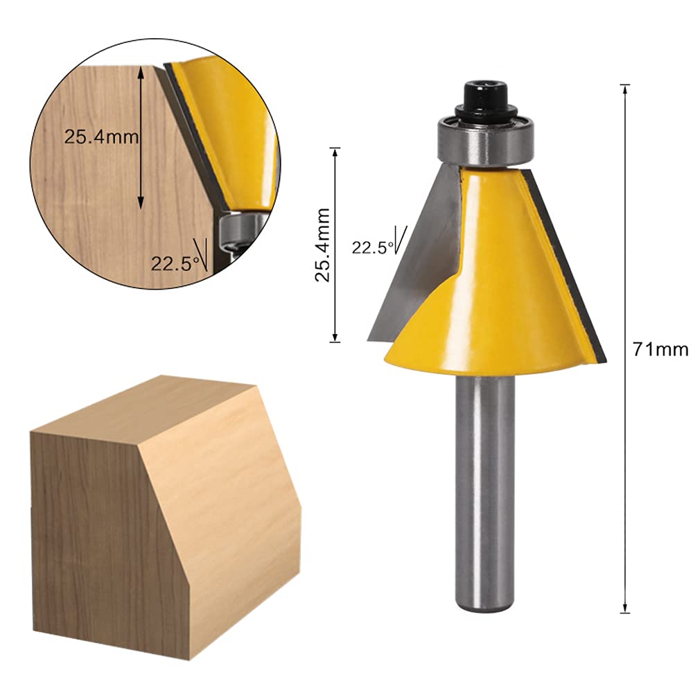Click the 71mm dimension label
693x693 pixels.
coord(660,349)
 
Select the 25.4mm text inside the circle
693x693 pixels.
coord(102,137)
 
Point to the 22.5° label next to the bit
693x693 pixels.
coord(372,247)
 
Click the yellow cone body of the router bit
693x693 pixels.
coord(506,291)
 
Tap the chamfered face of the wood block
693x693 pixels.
coord(222,485)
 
